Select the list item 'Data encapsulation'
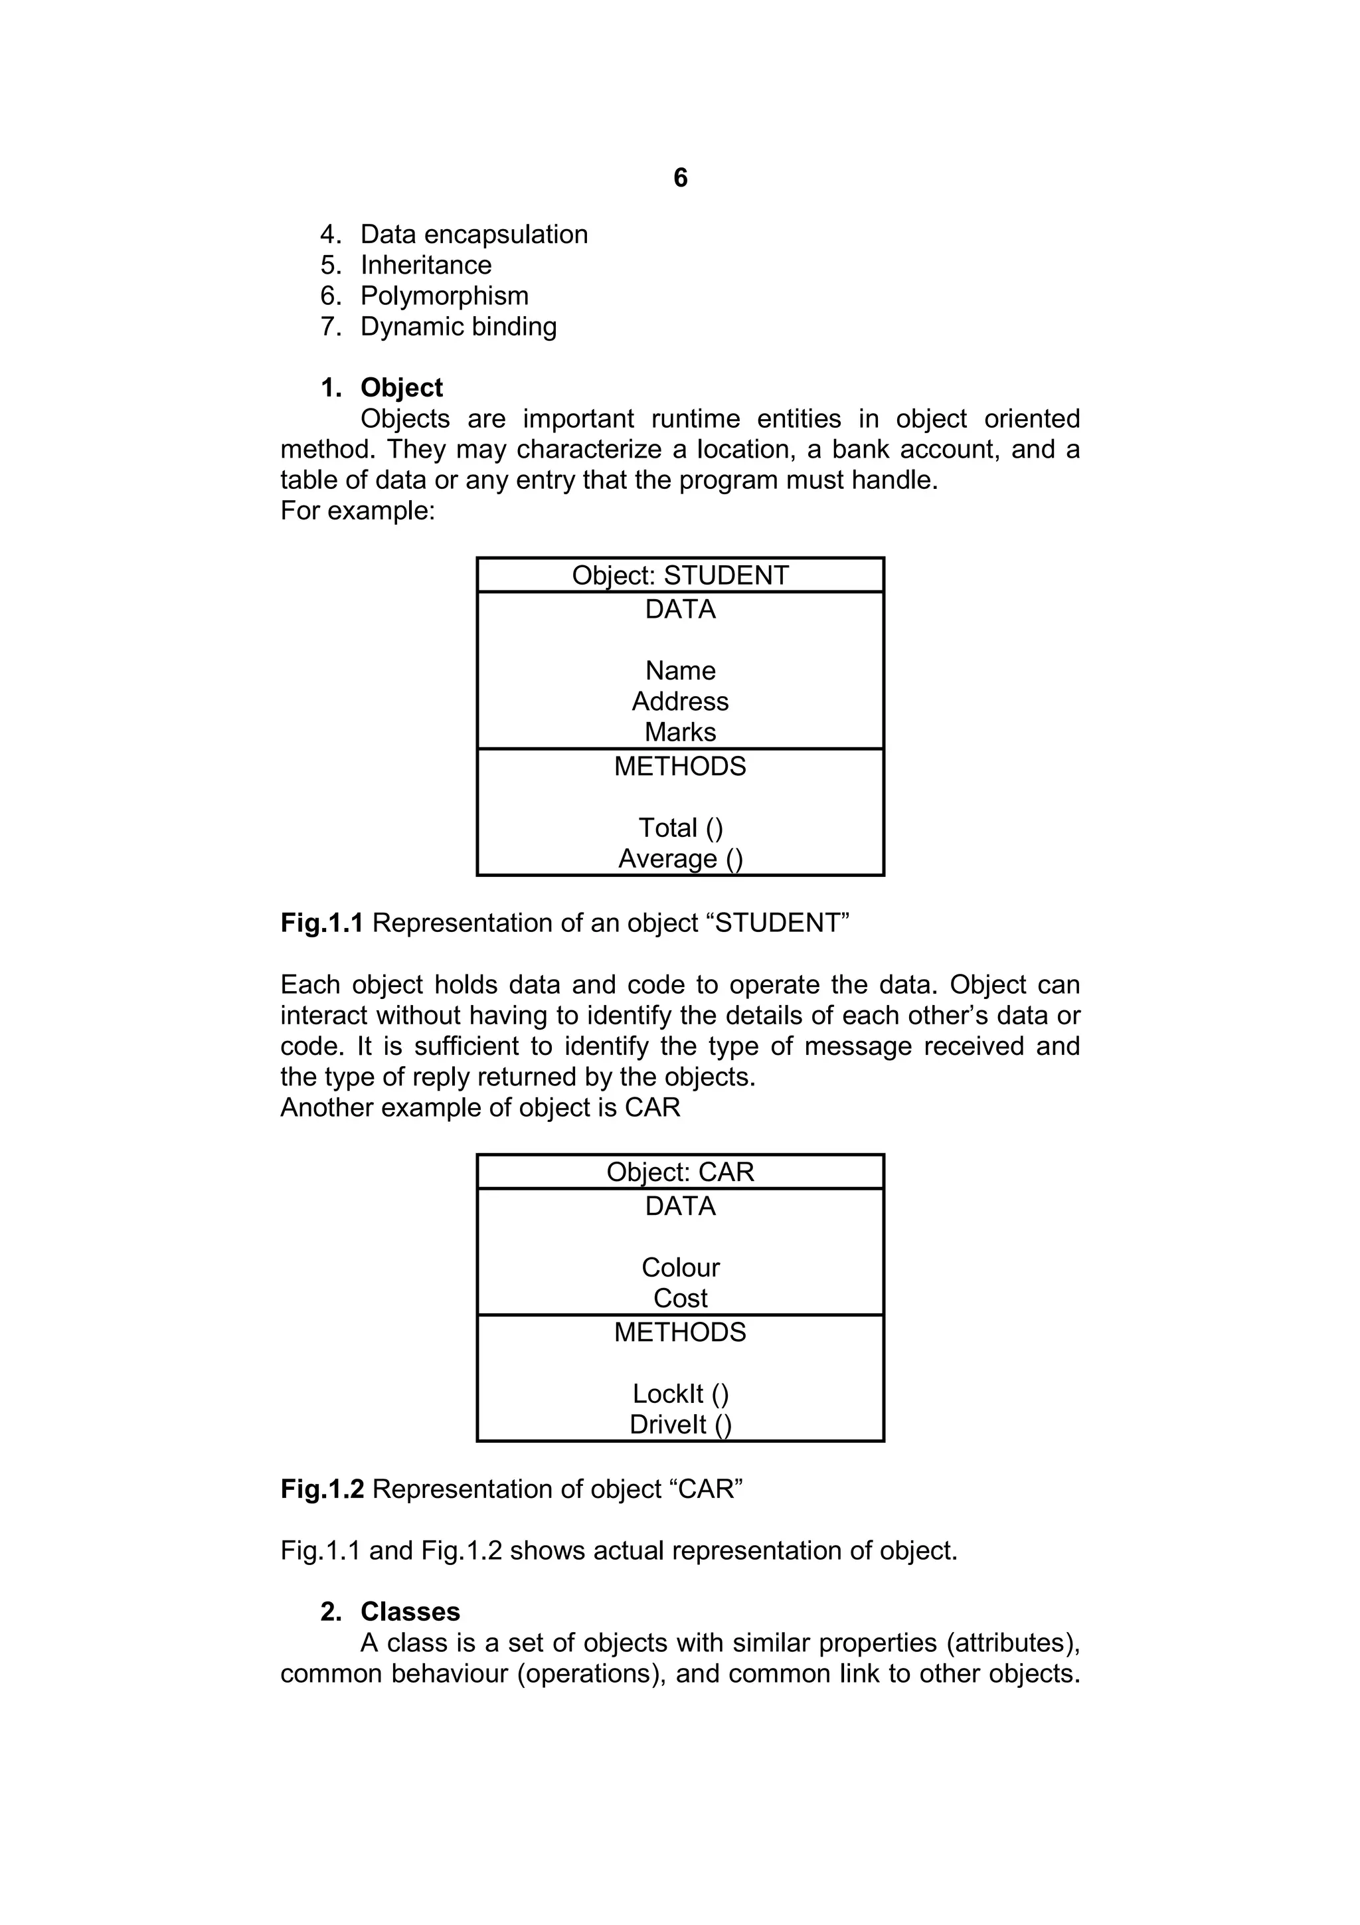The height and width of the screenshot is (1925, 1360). point(473,234)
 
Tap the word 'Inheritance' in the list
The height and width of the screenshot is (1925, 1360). point(426,265)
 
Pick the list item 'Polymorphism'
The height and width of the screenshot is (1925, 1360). point(444,296)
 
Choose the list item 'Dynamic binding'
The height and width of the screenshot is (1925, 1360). point(458,327)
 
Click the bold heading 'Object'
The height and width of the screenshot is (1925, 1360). point(401,388)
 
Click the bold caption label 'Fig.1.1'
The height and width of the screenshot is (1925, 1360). point(322,923)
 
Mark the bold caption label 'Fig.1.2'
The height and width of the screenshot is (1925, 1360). point(322,1489)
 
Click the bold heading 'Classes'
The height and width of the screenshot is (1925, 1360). point(410,1611)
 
